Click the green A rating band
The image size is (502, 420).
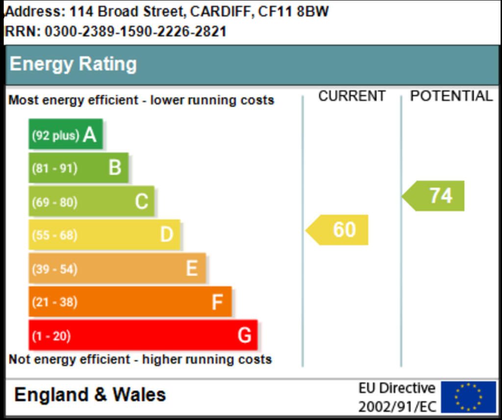tap(66, 134)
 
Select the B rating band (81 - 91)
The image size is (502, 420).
tap(78, 168)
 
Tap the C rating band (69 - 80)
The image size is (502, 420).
tap(91, 201)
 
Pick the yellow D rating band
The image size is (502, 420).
tap(104, 235)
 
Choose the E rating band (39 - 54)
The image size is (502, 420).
tap(117, 269)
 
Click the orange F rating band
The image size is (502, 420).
tap(130, 302)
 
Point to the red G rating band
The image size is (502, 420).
tap(143, 336)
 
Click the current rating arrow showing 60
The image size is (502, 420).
tap(338, 230)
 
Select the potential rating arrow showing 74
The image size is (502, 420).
tap(435, 196)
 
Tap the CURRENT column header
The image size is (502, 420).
tap(351, 97)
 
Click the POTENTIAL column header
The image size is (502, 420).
tap(451, 97)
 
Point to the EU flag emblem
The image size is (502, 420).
tap(468, 397)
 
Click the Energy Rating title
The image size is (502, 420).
tap(73, 64)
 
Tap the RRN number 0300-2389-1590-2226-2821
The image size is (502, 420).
tap(135, 32)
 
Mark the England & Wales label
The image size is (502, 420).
tap(90, 395)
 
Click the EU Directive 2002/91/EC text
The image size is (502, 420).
tap(397, 397)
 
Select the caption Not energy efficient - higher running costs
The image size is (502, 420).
tap(140, 359)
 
